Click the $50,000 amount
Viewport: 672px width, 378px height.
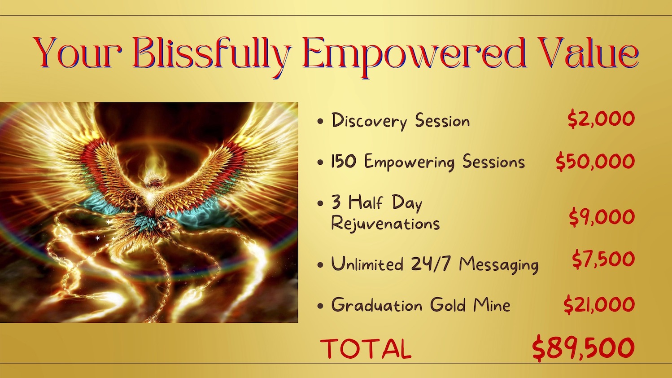pos(595,161)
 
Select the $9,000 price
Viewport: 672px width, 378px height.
pos(602,217)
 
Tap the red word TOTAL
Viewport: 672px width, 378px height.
pos(366,348)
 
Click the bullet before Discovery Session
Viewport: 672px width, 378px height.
pos(320,121)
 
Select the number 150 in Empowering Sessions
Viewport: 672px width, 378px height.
pos(344,161)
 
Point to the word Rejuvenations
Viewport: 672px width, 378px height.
pos(385,224)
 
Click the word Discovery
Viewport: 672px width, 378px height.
pos(370,121)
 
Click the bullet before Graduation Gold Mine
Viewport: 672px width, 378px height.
pos(320,306)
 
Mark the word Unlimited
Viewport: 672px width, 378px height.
pos(367,264)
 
